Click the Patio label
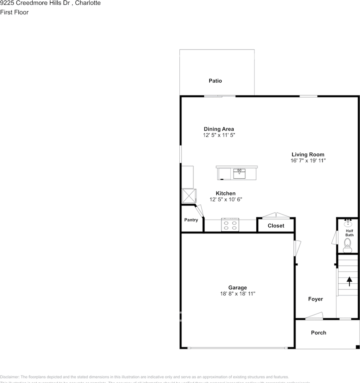pyautogui.click(x=215, y=81)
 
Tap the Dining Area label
pyautogui.click(x=219, y=129)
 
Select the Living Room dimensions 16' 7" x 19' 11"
pyautogui.click(x=308, y=161)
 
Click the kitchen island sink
pyautogui.click(x=239, y=174)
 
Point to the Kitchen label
pyautogui.click(x=226, y=193)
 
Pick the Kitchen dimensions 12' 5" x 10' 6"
pyautogui.click(x=226, y=199)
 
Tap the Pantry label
pyautogui.click(x=191, y=220)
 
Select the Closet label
pyautogui.click(x=276, y=225)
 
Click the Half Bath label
pyautogui.click(x=349, y=233)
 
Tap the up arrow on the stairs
pyautogui.click(x=350, y=282)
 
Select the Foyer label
pyautogui.click(x=316, y=299)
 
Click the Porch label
pyautogui.click(x=319, y=332)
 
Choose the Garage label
pyautogui.click(x=238, y=287)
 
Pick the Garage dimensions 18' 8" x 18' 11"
pyautogui.click(x=238, y=294)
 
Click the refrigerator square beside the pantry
pyautogui.click(x=189, y=196)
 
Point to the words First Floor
pyautogui.click(x=14, y=12)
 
